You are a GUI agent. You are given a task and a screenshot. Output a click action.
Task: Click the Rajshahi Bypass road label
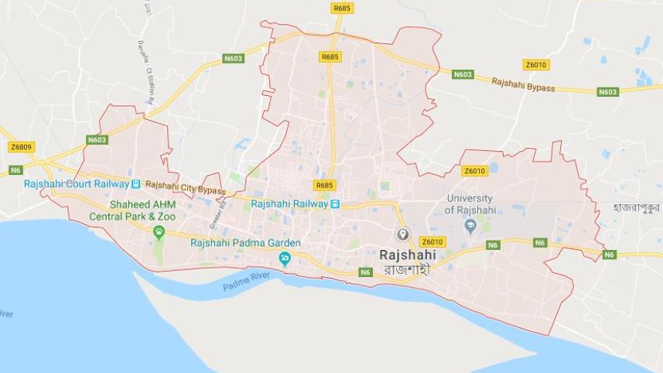[x=523, y=84]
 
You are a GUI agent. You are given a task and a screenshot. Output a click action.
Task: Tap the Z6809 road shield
[x=22, y=146]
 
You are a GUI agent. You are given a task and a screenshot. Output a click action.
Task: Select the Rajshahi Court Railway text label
[x=75, y=183]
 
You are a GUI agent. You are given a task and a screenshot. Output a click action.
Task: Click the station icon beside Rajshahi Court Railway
[x=135, y=183]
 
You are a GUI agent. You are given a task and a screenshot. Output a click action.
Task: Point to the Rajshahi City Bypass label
[x=186, y=188]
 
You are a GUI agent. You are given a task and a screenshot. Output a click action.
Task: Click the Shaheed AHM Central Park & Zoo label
[x=143, y=210]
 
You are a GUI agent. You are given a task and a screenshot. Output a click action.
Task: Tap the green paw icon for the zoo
[x=159, y=231]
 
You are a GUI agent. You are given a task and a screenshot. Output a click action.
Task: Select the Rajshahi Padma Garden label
[x=245, y=242]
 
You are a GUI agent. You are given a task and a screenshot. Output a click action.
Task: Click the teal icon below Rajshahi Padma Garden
[x=285, y=258]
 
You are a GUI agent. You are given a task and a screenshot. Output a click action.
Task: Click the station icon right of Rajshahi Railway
[x=335, y=204]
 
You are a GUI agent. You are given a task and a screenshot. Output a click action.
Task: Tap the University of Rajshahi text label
[x=470, y=204]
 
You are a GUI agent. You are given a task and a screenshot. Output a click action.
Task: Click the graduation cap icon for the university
[x=470, y=225]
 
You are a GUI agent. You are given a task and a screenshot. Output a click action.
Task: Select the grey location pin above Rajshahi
[x=402, y=234]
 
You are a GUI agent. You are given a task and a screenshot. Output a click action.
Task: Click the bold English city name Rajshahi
[x=407, y=254]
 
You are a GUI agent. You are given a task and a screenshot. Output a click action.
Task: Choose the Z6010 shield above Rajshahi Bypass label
[x=536, y=64]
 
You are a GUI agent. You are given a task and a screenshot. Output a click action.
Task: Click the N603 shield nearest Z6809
[x=97, y=140]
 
